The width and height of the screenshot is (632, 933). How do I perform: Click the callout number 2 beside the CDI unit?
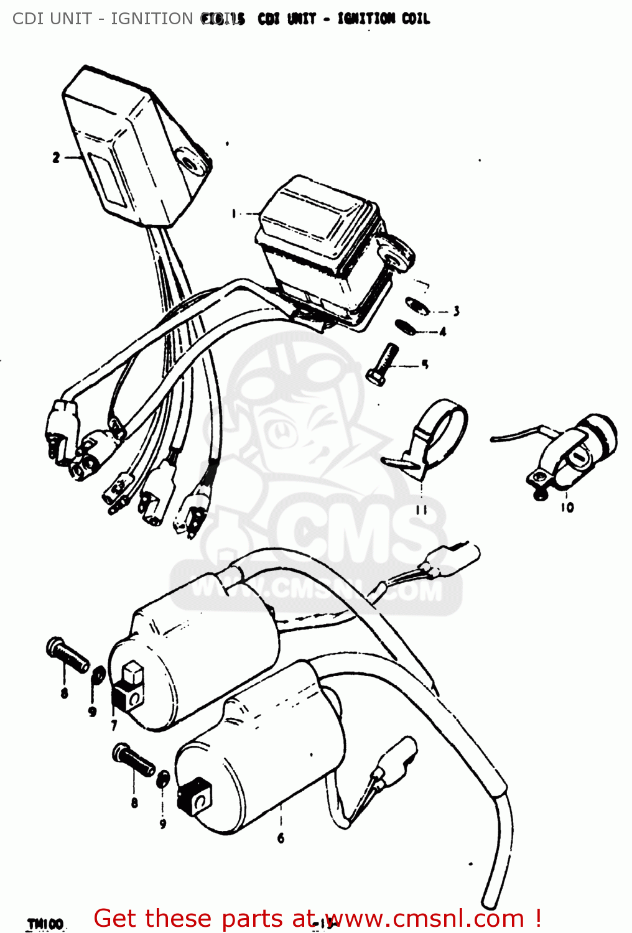click(56, 158)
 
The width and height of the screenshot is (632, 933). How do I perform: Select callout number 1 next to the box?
click(234, 214)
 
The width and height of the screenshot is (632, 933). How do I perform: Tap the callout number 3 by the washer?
click(457, 312)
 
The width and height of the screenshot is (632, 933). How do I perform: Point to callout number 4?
click(443, 332)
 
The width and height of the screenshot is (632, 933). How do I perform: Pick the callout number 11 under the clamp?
click(422, 510)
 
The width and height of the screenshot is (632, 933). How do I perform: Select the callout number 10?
click(567, 508)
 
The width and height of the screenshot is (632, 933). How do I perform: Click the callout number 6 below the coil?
click(281, 838)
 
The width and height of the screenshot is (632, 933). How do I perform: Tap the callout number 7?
click(114, 725)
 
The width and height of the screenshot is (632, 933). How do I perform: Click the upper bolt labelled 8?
click(67, 656)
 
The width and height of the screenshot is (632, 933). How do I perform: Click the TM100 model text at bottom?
click(45, 924)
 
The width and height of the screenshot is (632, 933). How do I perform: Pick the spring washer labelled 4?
click(405, 327)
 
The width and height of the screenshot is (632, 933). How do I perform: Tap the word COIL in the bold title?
click(415, 19)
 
